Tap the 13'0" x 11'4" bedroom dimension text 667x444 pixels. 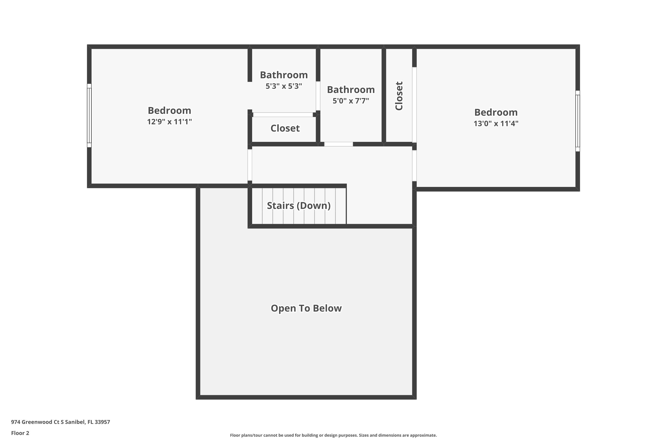click(x=496, y=123)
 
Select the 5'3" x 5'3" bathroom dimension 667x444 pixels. click(x=284, y=86)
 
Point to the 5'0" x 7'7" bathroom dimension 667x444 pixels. click(x=351, y=101)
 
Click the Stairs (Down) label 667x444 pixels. click(x=299, y=206)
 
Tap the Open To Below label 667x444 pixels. click(x=306, y=308)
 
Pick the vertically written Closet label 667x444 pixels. click(x=399, y=96)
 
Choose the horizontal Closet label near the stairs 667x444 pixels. click(x=285, y=128)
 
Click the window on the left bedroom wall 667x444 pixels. click(x=89, y=115)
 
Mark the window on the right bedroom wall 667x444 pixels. click(x=578, y=121)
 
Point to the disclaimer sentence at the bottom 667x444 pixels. click(x=333, y=435)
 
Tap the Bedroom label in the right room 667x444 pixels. click(x=496, y=112)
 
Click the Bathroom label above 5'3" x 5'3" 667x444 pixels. click(x=284, y=75)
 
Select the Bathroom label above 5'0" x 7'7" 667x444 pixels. click(x=351, y=90)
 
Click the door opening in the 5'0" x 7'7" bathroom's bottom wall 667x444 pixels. click(x=339, y=144)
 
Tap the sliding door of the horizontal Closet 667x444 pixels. click(x=283, y=115)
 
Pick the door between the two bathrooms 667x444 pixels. click(x=318, y=96)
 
